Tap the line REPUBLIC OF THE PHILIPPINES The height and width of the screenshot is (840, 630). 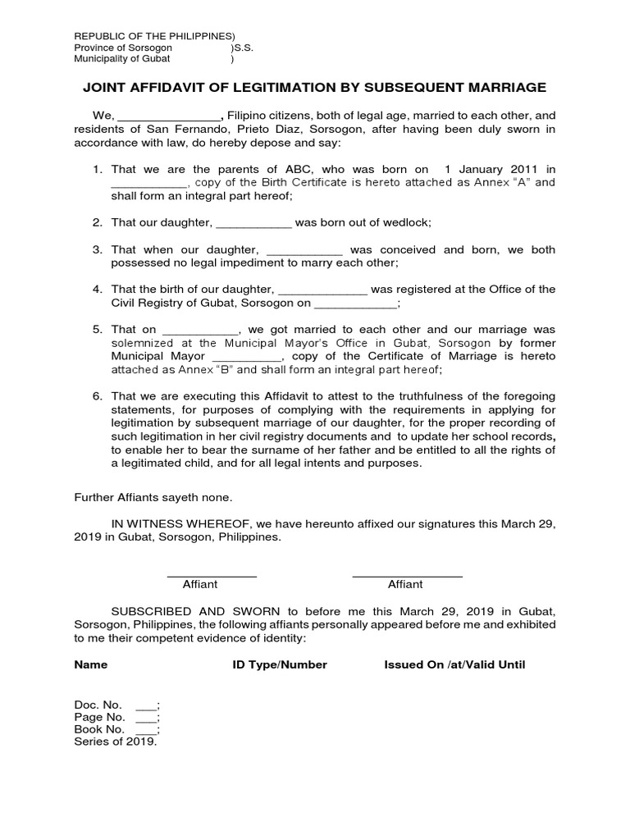click(x=154, y=36)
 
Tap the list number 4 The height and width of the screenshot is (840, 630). click(x=97, y=289)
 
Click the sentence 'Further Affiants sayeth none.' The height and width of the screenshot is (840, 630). click(x=153, y=496)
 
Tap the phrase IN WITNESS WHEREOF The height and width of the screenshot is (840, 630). click(x=180, y=523)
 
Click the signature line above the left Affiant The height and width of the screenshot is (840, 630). click(x=212, y=574)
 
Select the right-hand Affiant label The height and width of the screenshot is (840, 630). click(x=405, y=584)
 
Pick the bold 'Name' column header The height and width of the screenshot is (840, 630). click(x=90, y=664)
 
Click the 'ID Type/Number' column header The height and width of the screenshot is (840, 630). click(x=280, y=664)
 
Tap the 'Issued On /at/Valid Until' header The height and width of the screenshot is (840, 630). click(x=454, y=664)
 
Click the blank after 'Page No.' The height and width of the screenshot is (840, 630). click(x=145, y=716)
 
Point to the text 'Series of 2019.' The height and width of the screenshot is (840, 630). click(x=115, y=741)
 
